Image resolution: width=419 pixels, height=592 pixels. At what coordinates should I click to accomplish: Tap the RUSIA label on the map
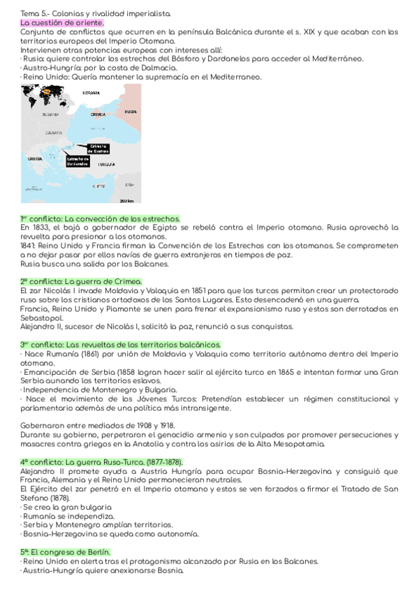pyautogui.click(x=131, y=112)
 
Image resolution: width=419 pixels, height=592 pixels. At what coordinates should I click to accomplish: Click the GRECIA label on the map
pyautogui.click(x=35, y=159)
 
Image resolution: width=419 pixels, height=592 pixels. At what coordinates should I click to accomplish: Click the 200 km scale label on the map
pyautogui.click(x=126, y=200)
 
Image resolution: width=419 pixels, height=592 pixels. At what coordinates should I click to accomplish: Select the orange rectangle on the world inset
pyautogui.click(x=47, y=91)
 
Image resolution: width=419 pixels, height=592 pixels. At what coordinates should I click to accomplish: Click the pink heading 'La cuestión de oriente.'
pyautogui.click(x=62, y=23)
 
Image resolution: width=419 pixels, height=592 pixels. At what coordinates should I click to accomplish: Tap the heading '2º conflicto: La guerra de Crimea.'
pyautogui.click(x=81, y=281)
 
